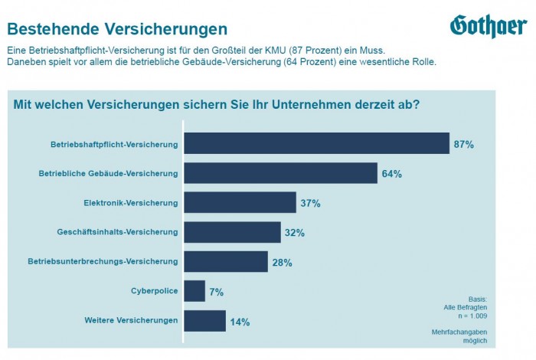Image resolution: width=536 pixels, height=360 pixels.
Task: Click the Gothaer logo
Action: tap(488, 26)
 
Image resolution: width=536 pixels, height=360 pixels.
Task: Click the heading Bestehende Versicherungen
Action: tap(117, 30)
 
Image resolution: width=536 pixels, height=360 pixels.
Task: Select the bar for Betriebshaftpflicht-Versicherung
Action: tap(316, 144)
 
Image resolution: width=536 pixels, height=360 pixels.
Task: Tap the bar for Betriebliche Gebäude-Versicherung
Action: tap(280, 173)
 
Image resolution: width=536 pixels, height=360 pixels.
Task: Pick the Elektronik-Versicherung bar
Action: tap(240, 203)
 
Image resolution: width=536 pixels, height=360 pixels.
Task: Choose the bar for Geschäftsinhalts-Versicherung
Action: tap(232, 232)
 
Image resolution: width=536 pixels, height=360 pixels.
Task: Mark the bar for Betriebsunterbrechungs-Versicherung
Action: tap(226, 262)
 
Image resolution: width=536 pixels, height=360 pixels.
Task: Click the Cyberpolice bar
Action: tap(194, 291)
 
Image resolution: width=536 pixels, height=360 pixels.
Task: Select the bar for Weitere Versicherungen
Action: tap(204, 321)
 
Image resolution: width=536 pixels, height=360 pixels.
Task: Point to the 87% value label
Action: tap(464, 144)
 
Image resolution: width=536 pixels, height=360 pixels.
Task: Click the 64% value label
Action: tap(391, 174)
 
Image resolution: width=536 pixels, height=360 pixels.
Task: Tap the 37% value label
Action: tap(310, 203)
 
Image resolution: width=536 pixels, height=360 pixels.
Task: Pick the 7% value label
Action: tap(216, 292)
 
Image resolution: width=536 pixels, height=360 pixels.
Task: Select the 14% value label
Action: tap(240, 322)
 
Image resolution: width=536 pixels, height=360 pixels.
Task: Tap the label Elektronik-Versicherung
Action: tap(131, 203)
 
